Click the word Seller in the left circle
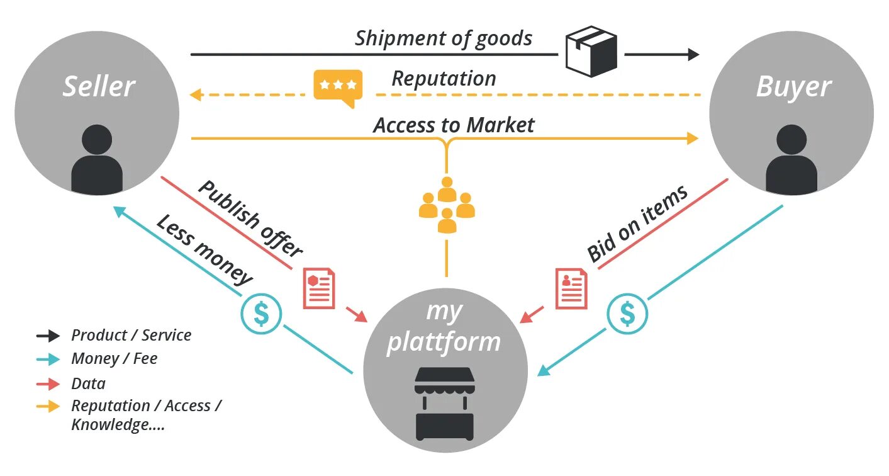99,86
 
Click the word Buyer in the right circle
794,88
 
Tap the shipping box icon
591,51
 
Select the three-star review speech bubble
338,88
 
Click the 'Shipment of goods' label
444,39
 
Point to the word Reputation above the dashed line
444,79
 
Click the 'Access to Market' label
454,125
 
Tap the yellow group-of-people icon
447,205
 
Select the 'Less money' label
204,249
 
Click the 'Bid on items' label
637,224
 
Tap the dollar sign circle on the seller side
261,314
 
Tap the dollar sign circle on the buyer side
627,314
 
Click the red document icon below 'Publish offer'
319,288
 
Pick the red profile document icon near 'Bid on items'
571,288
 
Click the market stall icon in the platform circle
444,404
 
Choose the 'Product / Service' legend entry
113,336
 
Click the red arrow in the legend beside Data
48,384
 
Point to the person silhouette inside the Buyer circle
791,160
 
